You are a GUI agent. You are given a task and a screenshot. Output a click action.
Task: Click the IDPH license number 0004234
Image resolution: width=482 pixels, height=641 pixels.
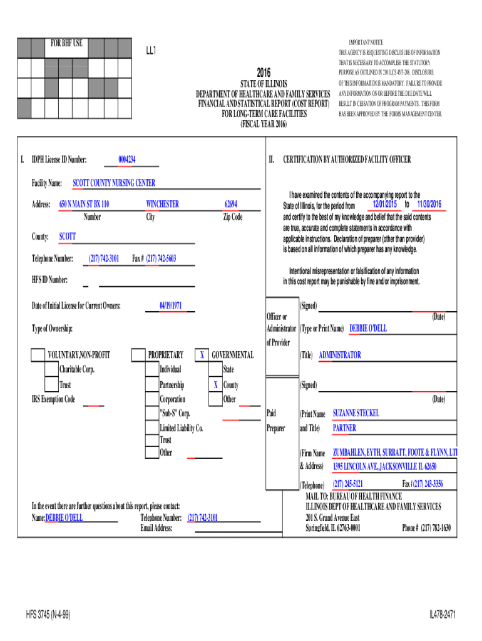pos(127,160)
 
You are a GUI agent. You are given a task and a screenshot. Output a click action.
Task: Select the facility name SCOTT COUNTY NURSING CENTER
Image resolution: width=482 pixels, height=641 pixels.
pos(114,183)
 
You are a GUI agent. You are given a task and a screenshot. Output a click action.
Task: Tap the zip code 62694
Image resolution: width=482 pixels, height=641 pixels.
pos(230,204)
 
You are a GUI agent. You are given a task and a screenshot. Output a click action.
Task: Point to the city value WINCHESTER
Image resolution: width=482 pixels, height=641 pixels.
pos(162,204)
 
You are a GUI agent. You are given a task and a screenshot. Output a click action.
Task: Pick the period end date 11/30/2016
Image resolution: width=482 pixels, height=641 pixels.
pos(425,205)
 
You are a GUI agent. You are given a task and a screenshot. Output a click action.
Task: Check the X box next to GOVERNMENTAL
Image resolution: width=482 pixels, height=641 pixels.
pos(202,356)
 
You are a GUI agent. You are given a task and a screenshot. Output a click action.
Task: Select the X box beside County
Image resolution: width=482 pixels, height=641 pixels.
pos(215,385)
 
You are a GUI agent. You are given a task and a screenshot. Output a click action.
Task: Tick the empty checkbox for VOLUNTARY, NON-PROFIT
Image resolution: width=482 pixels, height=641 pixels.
pos(38,356)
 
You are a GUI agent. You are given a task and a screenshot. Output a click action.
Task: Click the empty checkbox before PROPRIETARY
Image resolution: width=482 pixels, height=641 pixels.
pos(138,356)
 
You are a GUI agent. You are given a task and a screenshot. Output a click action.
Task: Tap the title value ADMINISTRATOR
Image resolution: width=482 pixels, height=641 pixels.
pos(340,356)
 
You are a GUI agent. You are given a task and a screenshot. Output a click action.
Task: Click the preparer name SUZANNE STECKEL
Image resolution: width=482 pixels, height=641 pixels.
pos(356,414)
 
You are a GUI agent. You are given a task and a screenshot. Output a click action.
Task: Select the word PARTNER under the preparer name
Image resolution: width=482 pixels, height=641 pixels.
pos(344,429)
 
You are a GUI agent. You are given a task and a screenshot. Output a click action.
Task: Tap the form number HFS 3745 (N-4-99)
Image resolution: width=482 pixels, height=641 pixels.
pos(48,615)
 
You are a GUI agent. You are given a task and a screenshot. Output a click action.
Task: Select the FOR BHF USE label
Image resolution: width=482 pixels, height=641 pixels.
pos(66,43)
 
